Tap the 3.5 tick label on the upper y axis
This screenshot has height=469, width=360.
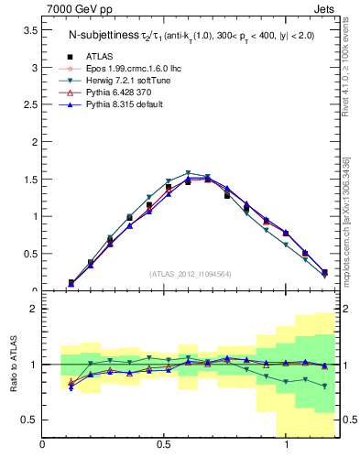coord(30,30)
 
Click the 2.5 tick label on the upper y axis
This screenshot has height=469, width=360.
coord(30,104)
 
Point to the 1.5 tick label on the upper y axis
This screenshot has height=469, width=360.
coord(30,180)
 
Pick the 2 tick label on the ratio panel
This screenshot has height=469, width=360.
coord(34,309)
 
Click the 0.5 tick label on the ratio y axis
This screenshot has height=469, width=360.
coord(30,420)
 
